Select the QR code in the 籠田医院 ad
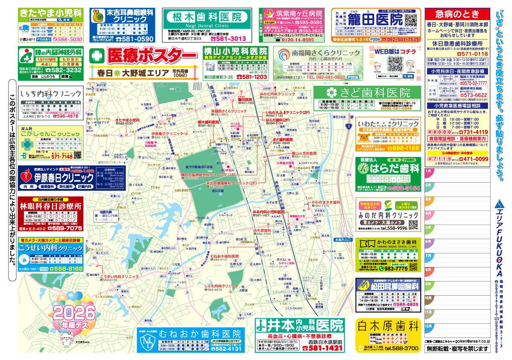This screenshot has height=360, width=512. click(x=410, y=20)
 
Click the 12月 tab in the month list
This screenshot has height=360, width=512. click(x=429, y=326)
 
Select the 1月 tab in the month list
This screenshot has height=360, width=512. click(x=429, y=171)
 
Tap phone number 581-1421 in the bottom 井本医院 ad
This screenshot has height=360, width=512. click(x=323, y=348)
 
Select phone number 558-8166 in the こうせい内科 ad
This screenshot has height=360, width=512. click(x=64, y=269)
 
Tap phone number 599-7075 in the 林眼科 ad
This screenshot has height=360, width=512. click(x=64, y=228)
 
